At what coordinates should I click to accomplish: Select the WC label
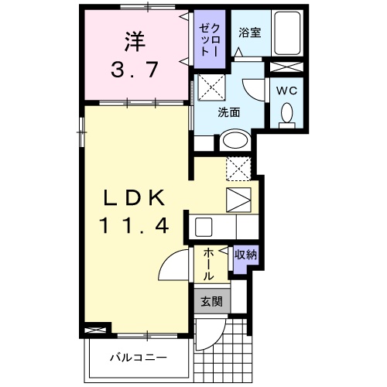pyautogui.click(x=286, y=89)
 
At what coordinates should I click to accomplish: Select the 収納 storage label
pyautogui.click(x=245, y=254)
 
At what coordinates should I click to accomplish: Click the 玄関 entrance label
pyautogui.click(x=211, y=301)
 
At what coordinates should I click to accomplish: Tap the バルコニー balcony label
pyautogui.click(x=138, y=358)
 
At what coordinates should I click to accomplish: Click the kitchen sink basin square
pyautogui.click(x=204, y=228)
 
